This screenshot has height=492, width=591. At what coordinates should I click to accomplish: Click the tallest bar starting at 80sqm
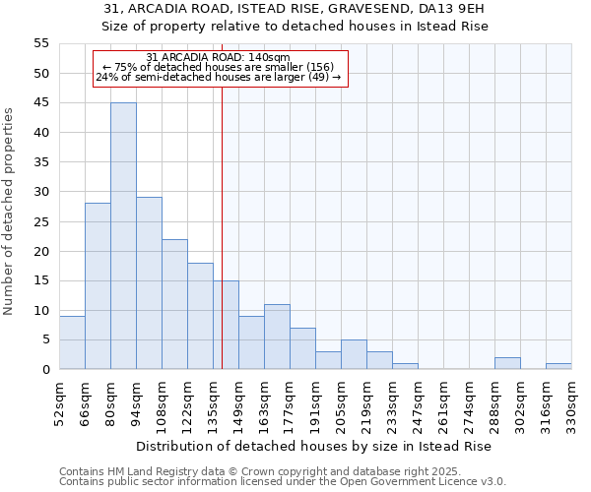[x=123, y=236]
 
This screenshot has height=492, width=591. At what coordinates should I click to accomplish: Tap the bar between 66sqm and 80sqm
[x=98, y=286]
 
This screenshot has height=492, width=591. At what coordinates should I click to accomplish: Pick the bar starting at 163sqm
[x=277, y=337]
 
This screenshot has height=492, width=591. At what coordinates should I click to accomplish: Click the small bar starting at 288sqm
[x=507, y=363]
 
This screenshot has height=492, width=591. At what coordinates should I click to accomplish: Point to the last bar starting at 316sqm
[x=558, y=366]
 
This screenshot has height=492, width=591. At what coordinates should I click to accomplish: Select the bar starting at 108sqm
[x=174, y=304]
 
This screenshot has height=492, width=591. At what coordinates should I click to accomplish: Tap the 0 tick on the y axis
[x=45, y=370]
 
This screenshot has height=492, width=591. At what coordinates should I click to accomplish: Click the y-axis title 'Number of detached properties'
[x=10, y=212]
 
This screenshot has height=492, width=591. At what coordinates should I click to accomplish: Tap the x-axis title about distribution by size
[x=313, y=446]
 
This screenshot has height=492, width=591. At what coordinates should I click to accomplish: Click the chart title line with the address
[x=295, y=9]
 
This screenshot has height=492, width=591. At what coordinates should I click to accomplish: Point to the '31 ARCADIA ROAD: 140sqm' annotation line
[x=218, y=57]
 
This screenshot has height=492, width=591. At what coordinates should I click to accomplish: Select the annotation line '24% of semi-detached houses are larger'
[x=219, y=77]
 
